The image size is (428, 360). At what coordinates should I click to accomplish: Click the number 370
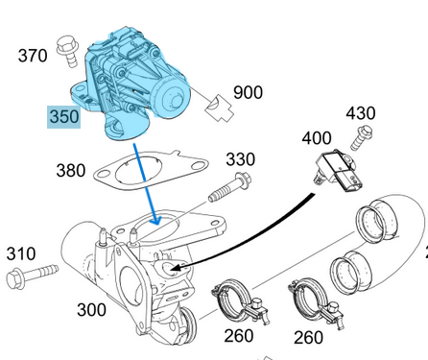click(33, 56)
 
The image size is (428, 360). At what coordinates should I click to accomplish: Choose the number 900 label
click(248, 93)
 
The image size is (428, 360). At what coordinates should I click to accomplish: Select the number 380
click(71, 171)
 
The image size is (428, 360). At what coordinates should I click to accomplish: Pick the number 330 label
click(240, 158)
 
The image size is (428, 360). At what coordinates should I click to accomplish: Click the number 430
click(360, 113)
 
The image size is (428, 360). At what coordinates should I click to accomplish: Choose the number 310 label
click(20, 254)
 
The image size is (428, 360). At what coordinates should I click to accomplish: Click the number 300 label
click(92, 310)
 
